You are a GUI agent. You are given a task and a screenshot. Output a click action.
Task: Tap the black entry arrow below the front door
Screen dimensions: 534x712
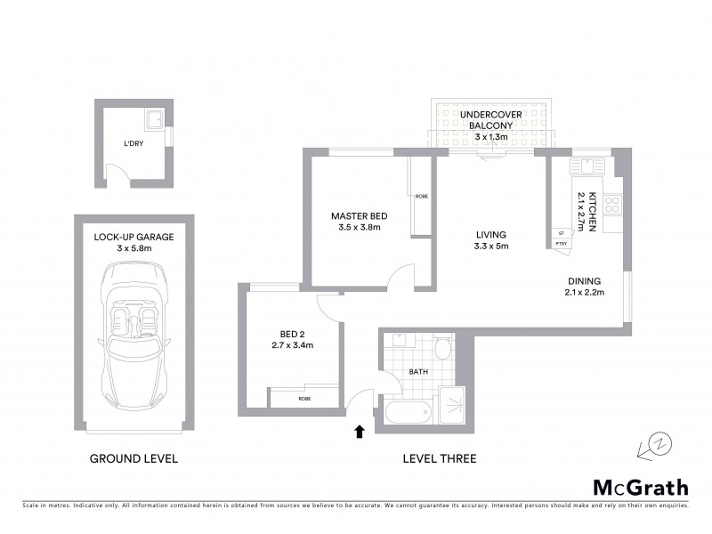pyautogui.click(x=360, y=432)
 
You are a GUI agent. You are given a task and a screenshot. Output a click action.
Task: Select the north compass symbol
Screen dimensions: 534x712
pyautogui.click(x=654, y=442)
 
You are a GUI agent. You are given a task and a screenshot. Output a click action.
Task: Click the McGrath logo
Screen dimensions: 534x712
pyautogui.click(x=641, y=487)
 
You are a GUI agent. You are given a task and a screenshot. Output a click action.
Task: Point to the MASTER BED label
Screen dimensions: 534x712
pyautogui.click(x=359, y=216)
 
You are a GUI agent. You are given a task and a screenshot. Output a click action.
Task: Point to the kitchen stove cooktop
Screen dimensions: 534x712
pyautogui.click(x=613, y=205)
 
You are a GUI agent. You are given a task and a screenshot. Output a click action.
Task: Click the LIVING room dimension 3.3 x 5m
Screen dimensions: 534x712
pyautogui.click(x=490, y=247)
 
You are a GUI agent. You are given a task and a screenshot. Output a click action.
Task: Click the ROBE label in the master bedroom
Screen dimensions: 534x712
pyautogui.click(x=421, y=196)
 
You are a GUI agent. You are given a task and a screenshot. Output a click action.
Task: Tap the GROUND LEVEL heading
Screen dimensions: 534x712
pyautogui.click(x=133, y=459)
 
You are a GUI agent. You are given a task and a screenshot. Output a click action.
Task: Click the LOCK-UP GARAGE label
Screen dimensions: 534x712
pyautogui.click(x=133, y=237)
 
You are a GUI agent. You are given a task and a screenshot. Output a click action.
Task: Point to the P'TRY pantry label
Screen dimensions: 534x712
pyautogui.click(x=561, y=243)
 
